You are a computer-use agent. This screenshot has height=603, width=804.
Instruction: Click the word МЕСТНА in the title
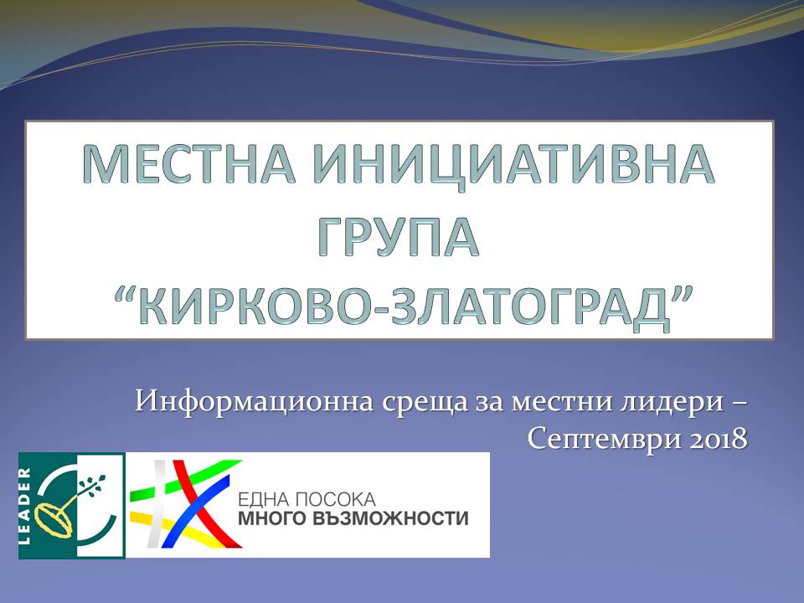(x=190, y=164)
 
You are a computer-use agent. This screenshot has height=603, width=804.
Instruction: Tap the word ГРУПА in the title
(x=399, y=237)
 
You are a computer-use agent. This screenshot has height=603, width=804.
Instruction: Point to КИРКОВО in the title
(x=255, y=307)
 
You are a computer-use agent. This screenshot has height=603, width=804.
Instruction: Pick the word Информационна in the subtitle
(x=255, y=401)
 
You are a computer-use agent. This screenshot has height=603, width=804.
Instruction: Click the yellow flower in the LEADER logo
(x=54, y=518)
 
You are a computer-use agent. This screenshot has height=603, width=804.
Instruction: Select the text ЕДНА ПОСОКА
(x=307, y=499)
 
